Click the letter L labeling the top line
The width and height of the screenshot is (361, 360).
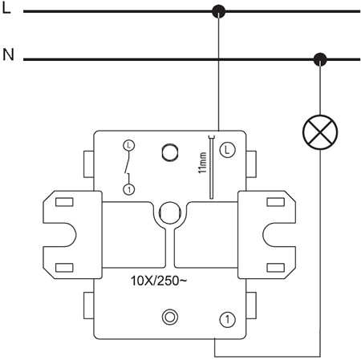[x=7, y=10]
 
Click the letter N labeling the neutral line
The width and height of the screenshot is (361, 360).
[x=8, y=55]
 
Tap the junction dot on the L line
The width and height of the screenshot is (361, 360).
[x=217, y=11]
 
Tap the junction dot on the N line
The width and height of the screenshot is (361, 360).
[x=321, y=59]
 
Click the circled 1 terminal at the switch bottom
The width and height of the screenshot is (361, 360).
[x=229, y=319]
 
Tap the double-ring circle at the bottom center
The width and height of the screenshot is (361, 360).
[x=170, y=318]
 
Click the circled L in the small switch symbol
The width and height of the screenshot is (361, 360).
[x=128, y=145]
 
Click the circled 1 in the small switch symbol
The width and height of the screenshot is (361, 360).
[x=128, y=188]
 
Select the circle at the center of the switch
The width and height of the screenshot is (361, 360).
[x=170, y=213]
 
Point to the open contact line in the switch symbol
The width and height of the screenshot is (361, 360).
[x=126, y=167]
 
